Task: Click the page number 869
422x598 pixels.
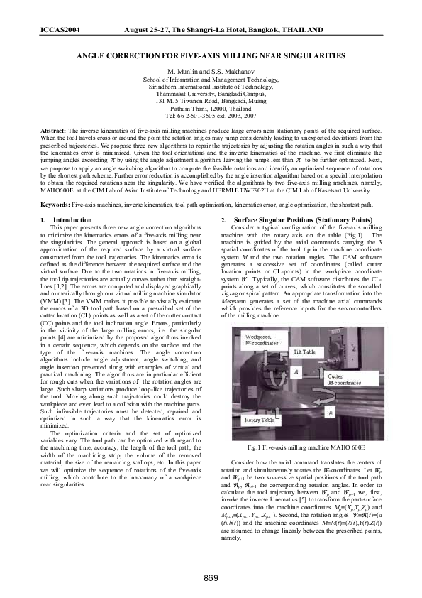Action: pos(211,576)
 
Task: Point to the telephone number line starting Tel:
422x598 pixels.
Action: pos(211,114)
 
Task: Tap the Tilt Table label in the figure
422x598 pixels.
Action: pos(306,351)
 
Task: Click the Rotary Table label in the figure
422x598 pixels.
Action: pos(260,420)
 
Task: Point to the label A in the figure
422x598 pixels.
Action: pos(296,372)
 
